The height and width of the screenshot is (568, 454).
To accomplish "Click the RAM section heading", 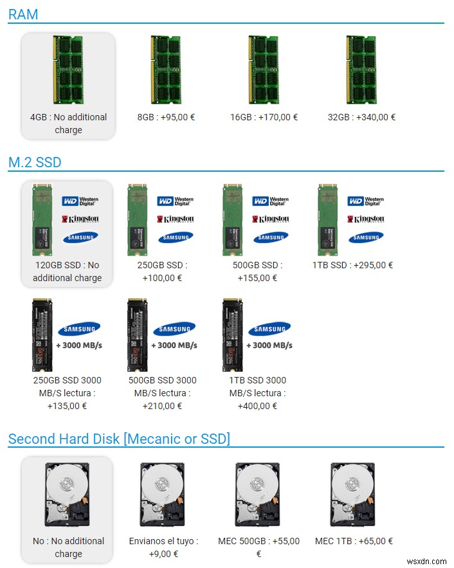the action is tap(23, 15).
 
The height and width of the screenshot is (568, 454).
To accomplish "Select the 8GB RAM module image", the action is tap(166, 70).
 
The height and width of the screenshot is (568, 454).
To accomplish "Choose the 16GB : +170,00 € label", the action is tap(264, 117).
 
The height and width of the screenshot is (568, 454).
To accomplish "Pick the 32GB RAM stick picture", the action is tap(361, 70).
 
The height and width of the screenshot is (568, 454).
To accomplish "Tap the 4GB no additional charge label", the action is tap(68, 124).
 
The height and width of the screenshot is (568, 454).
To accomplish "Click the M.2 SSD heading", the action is tap(35, 162).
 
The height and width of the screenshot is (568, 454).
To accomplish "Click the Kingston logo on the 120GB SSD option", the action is tap(80, 219).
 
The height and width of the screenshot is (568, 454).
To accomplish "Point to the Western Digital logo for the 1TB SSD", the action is tap(366, 201).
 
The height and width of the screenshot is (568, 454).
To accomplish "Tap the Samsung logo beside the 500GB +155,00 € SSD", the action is tap(271, 237).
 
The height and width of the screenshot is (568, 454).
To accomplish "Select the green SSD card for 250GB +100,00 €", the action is tap(137, 220).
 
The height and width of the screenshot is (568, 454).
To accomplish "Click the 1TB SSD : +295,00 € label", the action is tap(352, 265).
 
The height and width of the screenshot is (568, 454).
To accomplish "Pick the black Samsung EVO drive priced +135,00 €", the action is tap(42, 335).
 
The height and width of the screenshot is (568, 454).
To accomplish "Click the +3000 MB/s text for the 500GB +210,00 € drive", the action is tap(174, 345).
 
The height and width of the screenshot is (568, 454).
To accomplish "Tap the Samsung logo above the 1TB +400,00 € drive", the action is tap(269, 329).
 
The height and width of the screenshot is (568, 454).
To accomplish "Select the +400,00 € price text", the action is tap(257, 406).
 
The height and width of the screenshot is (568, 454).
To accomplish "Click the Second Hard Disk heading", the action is tap(119, 439).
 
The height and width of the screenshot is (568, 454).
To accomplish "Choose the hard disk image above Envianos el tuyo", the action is tap(162, 495).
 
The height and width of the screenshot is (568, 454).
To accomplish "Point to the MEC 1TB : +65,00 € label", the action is tap(354, 541).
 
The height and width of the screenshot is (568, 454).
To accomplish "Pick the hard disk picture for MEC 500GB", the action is tap(257, 495).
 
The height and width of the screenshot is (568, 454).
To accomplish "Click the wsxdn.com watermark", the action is tap(426, 561).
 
